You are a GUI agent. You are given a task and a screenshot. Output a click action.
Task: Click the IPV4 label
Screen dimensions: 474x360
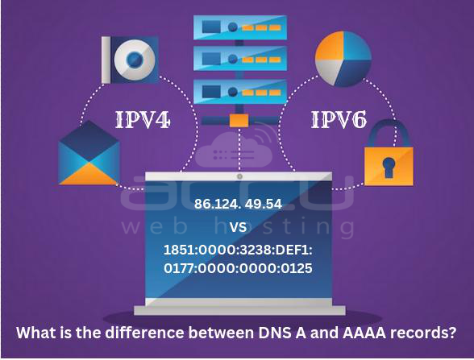coord(143,120)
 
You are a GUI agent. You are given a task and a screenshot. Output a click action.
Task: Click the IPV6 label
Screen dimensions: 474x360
coord(339,120)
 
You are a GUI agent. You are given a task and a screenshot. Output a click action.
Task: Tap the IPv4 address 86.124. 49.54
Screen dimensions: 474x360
coord(238,204)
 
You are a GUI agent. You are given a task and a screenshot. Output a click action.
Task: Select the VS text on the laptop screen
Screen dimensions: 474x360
coord(238,227)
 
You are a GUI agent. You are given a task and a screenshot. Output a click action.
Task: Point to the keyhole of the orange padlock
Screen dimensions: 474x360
coord(389,168)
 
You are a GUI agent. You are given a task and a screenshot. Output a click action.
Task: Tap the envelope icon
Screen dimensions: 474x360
coord(89,153)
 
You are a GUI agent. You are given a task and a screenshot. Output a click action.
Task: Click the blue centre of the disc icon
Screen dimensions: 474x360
coord(135,59)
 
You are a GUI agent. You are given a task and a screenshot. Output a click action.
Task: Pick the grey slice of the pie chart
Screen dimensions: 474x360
coord(328,70)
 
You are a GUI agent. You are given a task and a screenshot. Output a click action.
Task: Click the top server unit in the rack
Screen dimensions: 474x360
coord(240,27)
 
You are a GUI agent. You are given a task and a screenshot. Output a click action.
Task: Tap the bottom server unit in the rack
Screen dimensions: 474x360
coord(240,92)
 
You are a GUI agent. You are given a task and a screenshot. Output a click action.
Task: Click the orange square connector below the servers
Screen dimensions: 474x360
coord(239,120)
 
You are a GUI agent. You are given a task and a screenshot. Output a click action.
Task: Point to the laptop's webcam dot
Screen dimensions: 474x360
coord(239,176)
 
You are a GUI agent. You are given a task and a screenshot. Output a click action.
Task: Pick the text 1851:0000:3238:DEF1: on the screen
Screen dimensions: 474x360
coord(238,250)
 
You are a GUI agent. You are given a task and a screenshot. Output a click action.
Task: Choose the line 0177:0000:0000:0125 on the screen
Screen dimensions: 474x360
coord(238,268)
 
